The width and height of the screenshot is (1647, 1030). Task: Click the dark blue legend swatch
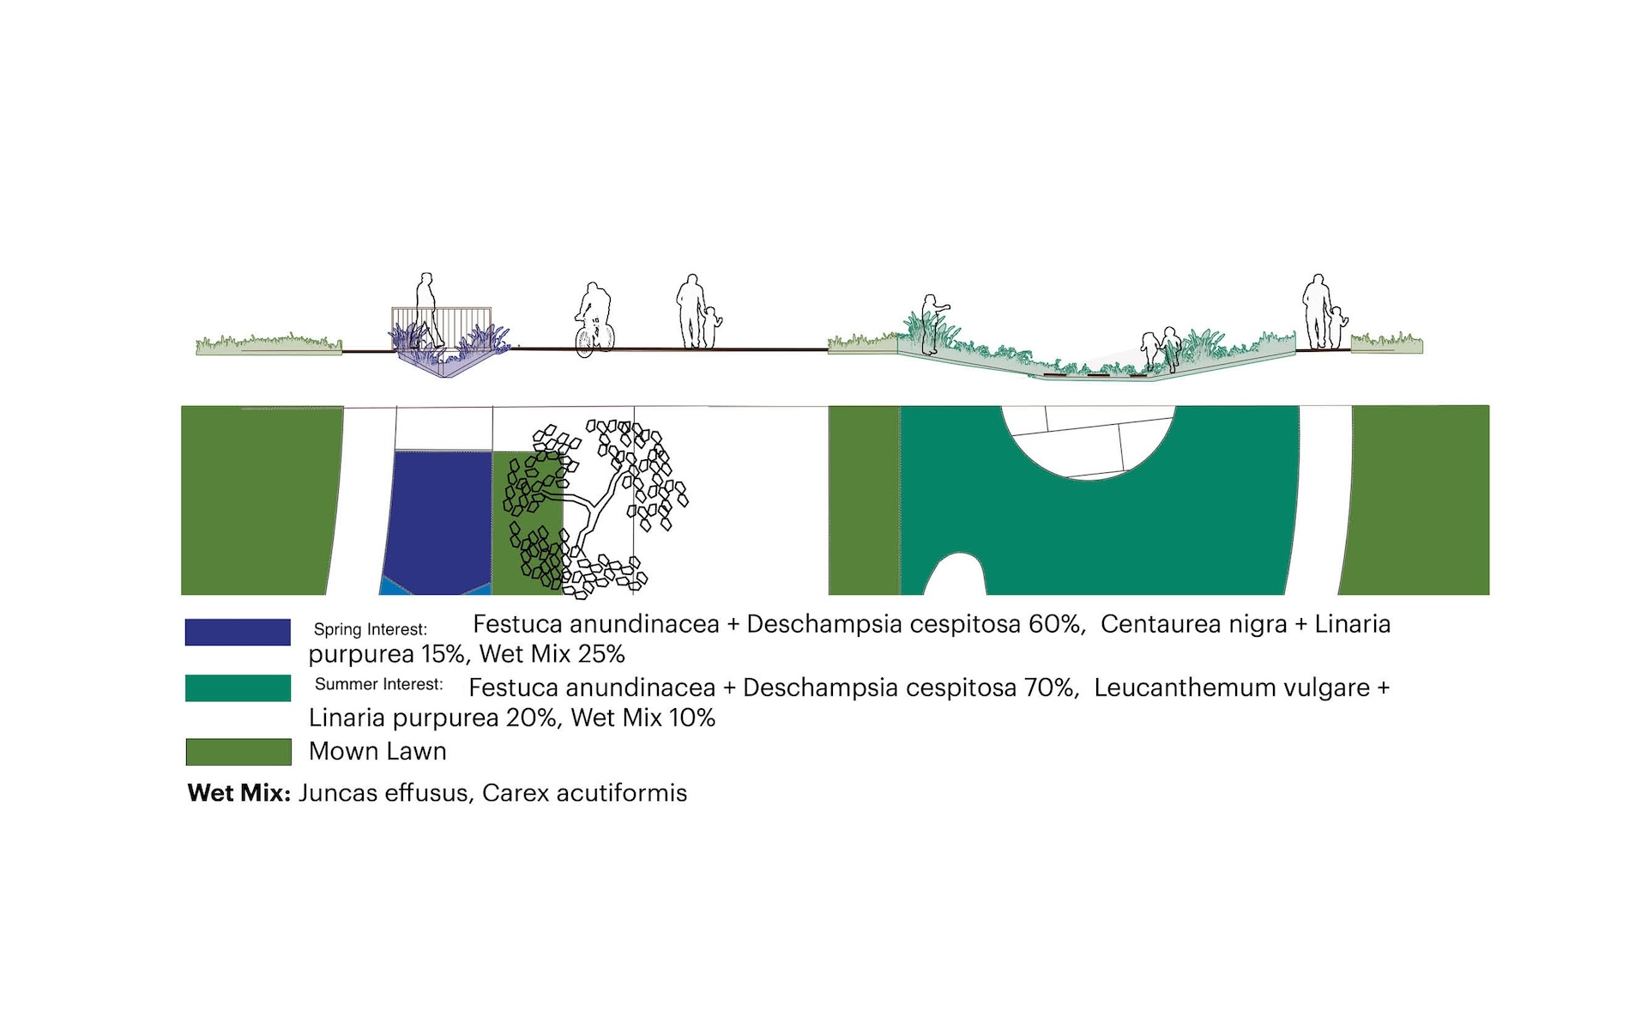click(x=238, y=632)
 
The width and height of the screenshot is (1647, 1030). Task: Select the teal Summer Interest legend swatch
click(x=238, y=688)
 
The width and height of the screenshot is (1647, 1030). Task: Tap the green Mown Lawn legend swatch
click(x=238, y=752)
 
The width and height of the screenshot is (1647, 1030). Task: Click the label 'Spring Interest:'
click(x=371, y=629)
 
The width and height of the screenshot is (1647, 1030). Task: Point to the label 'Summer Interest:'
click(x=379, y=684)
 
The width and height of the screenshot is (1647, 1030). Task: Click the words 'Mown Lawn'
click(x=377, y=751)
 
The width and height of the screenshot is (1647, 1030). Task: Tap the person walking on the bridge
click(x=424, y=311)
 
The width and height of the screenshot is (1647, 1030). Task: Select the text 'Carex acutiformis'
click(x=584, y=792)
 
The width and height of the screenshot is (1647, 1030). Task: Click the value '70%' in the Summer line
click(x=1051, y=688)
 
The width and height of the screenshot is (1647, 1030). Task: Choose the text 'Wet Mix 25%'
click(x=552, y=654)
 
